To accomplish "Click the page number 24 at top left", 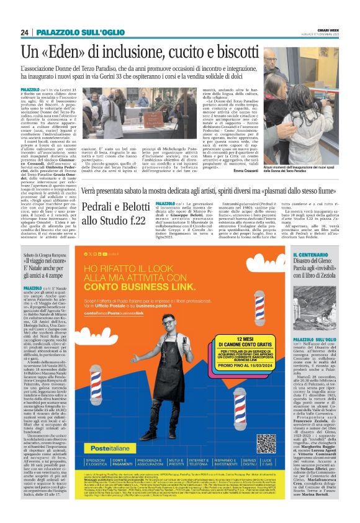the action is [25, 32].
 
